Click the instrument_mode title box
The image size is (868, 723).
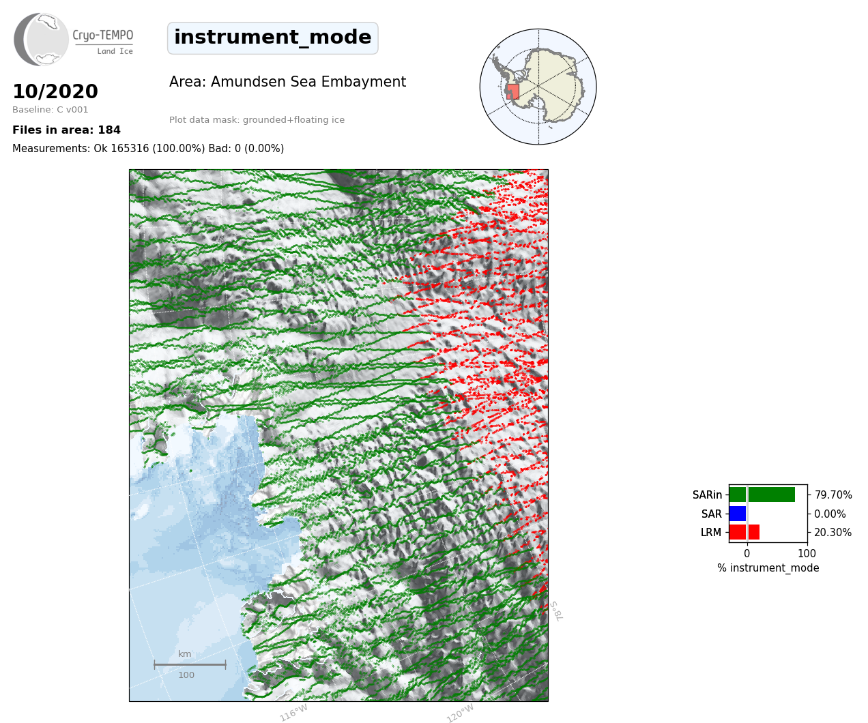(273, 38)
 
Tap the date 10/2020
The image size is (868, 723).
(55, 91)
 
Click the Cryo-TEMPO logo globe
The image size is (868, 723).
(42, 40)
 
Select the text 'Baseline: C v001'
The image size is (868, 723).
(50, 110)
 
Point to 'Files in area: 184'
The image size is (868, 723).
(66, 130)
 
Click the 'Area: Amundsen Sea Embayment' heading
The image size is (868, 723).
(288, 82)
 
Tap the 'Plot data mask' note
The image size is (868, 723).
(257, 119)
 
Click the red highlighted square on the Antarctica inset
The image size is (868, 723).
(512, 92)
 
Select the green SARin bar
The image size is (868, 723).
(762, 495)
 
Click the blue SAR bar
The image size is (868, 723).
(738, 514)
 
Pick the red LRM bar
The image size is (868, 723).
(744, 532)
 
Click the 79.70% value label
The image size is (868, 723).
(833, 495)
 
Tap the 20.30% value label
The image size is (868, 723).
(833, 532)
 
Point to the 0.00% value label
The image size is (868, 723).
(830, 514)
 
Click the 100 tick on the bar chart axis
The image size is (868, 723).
(807, 553)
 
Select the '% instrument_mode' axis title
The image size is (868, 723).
(768, 568)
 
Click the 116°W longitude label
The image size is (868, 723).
(294, 713)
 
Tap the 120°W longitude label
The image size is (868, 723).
(460, 713)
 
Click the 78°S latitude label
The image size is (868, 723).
(556, 611)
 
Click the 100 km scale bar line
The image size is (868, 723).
(190, 664)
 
